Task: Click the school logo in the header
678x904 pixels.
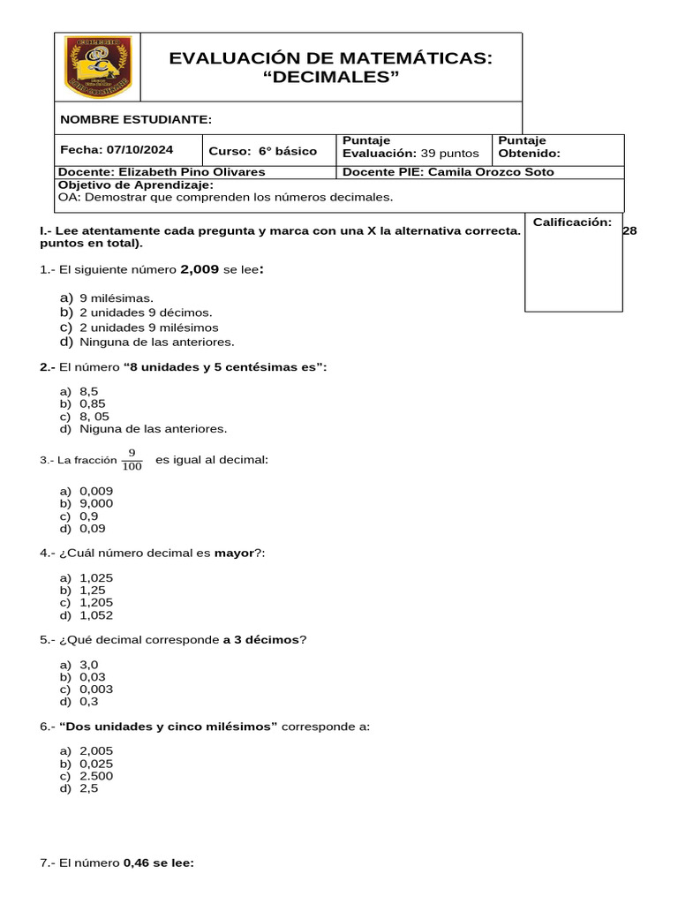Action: [98, 67]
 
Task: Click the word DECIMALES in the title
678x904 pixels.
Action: [332, 78]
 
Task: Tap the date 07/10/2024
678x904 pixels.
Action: [140, 149]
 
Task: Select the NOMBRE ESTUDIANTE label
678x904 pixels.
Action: [135, 119]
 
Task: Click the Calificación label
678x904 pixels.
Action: [572, 222]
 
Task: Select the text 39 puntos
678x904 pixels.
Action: [449, 154]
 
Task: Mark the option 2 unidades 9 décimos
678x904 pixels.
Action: [146, 313]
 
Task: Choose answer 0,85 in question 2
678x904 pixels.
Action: [93, 403]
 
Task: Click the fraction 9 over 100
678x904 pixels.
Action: [132, 460]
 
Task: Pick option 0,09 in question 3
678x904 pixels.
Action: [93, 528]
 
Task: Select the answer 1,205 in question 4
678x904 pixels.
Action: [96, 603]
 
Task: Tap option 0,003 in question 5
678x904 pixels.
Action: [96, 689]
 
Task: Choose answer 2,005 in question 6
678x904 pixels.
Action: [96, 751]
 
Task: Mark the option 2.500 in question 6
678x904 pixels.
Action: [96, 776]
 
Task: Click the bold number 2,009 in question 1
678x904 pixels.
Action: [200, 269]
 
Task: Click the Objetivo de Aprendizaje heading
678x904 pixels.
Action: [135, 185]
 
